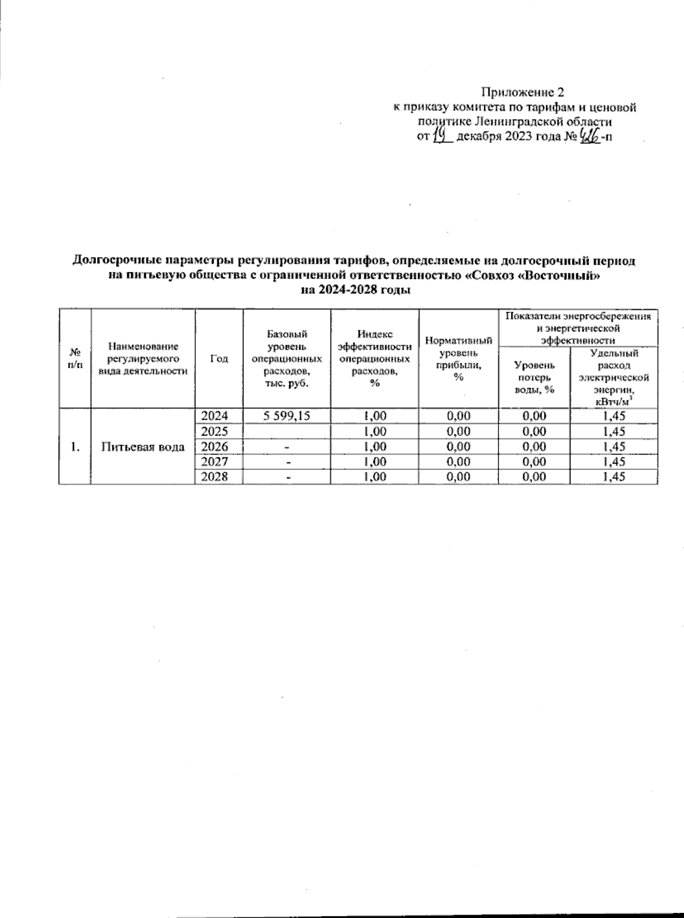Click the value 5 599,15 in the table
click(287, 416)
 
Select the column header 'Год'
click(219, 358)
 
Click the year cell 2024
click(219, 416)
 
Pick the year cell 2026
click(219, 446)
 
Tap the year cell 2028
click(219, 477)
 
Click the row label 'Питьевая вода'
click(143, 446)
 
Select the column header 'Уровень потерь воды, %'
click(534, 376)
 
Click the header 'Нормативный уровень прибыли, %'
click(458, 358)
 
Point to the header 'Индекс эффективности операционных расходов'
click(374, 358)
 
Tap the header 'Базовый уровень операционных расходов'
click(287, 358)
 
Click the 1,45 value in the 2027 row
click(613, 461)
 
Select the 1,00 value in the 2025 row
click(374, 431)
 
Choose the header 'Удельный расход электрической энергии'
click(613, 376)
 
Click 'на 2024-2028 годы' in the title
click(353, 290)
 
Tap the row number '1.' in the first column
click(75, 446)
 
